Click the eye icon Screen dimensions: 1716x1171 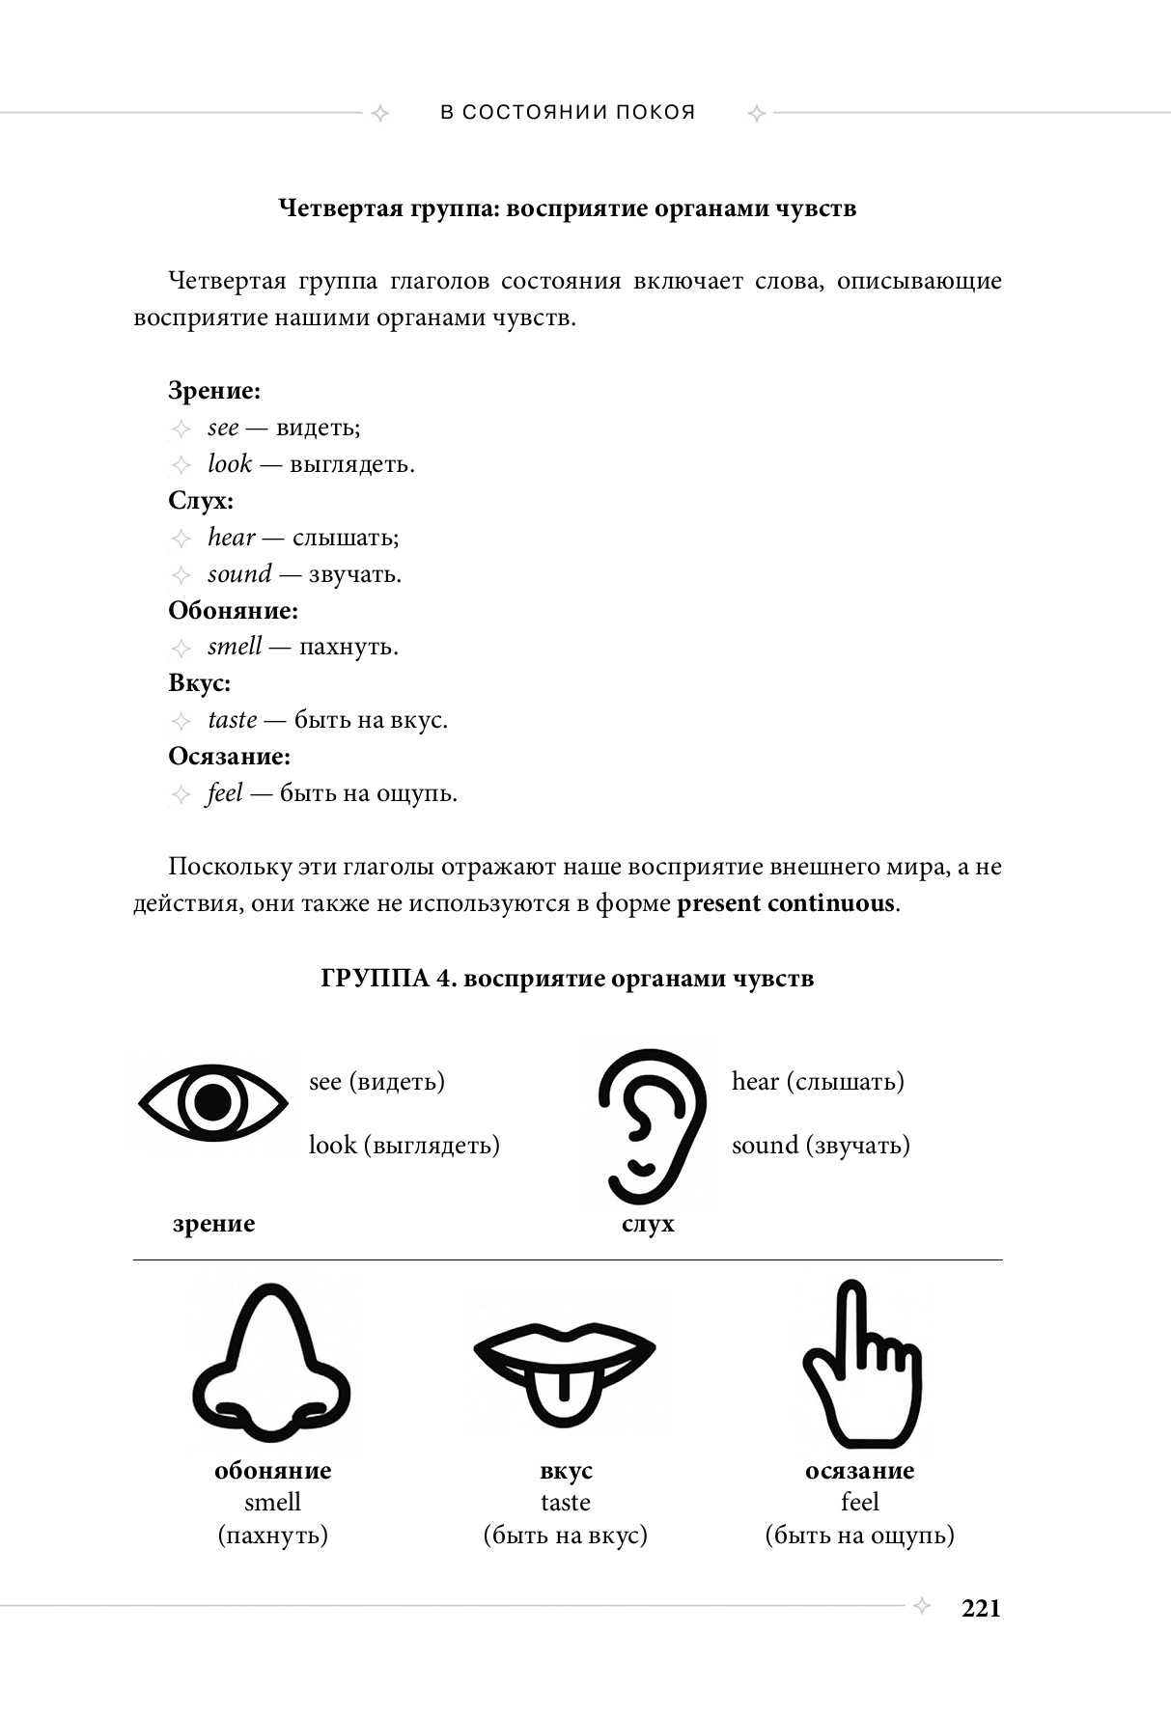[213, 1102]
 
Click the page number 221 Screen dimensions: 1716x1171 [981, 1608]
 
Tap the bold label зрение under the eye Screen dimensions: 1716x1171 [213, 1224]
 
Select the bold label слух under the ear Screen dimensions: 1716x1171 [648, 1224]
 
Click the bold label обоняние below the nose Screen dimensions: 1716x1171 [272, 1470]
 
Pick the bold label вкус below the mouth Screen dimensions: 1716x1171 [566, 1470]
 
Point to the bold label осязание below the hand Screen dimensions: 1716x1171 [859, 1470]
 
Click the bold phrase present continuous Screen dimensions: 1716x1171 [786, 904]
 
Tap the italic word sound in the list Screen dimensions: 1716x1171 [239, 574]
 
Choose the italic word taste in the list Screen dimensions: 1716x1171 [232, 720]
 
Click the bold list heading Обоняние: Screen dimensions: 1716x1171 [233, 611]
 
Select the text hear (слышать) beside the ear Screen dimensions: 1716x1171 [818, 1081]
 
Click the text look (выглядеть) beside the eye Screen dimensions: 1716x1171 [404, 1145]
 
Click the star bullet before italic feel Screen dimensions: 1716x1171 [181, 794]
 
